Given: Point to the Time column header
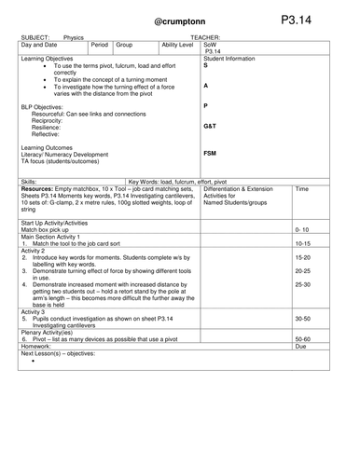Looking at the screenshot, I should pyautogui.click(x=301, y=188).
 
